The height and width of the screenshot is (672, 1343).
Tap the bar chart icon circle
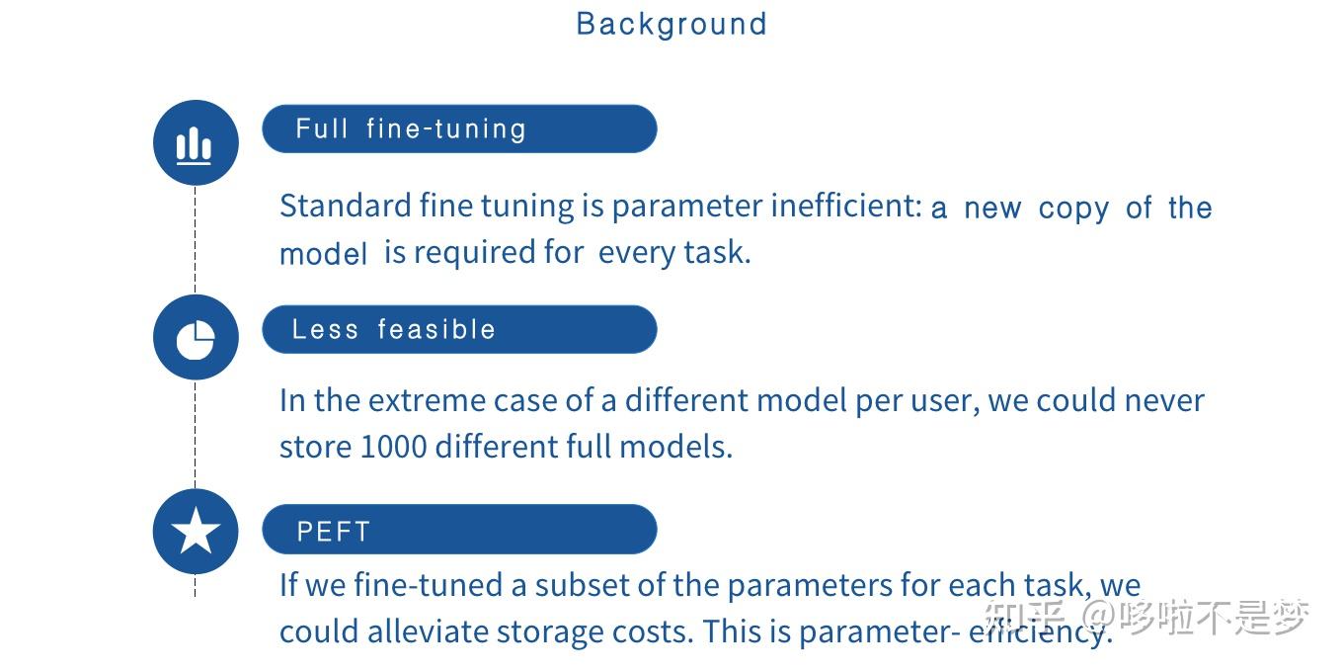click(196, 142)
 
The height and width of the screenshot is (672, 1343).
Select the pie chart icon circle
click(196, 337)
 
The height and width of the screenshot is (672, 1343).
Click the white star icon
click(196, 531)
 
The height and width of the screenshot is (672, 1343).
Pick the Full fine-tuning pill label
click(411, 129)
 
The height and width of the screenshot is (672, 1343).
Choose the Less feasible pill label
click(393, 329)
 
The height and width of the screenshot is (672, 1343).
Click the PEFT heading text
click(334, 532)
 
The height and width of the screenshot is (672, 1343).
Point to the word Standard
click(346, 206)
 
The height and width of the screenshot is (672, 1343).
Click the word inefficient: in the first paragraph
click(846, 206)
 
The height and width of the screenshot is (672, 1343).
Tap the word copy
click(1073, 210)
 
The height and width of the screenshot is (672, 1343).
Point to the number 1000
click(394, 447)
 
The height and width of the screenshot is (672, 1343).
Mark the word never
click(1164, 401)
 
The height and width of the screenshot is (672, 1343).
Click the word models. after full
click(675, 447)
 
